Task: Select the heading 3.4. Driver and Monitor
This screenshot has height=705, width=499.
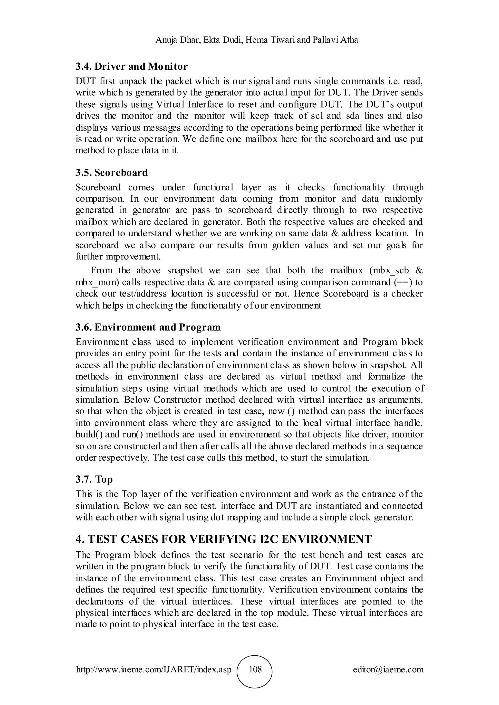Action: click(132, 66)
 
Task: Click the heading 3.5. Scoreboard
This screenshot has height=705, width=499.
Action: click(112, 173)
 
